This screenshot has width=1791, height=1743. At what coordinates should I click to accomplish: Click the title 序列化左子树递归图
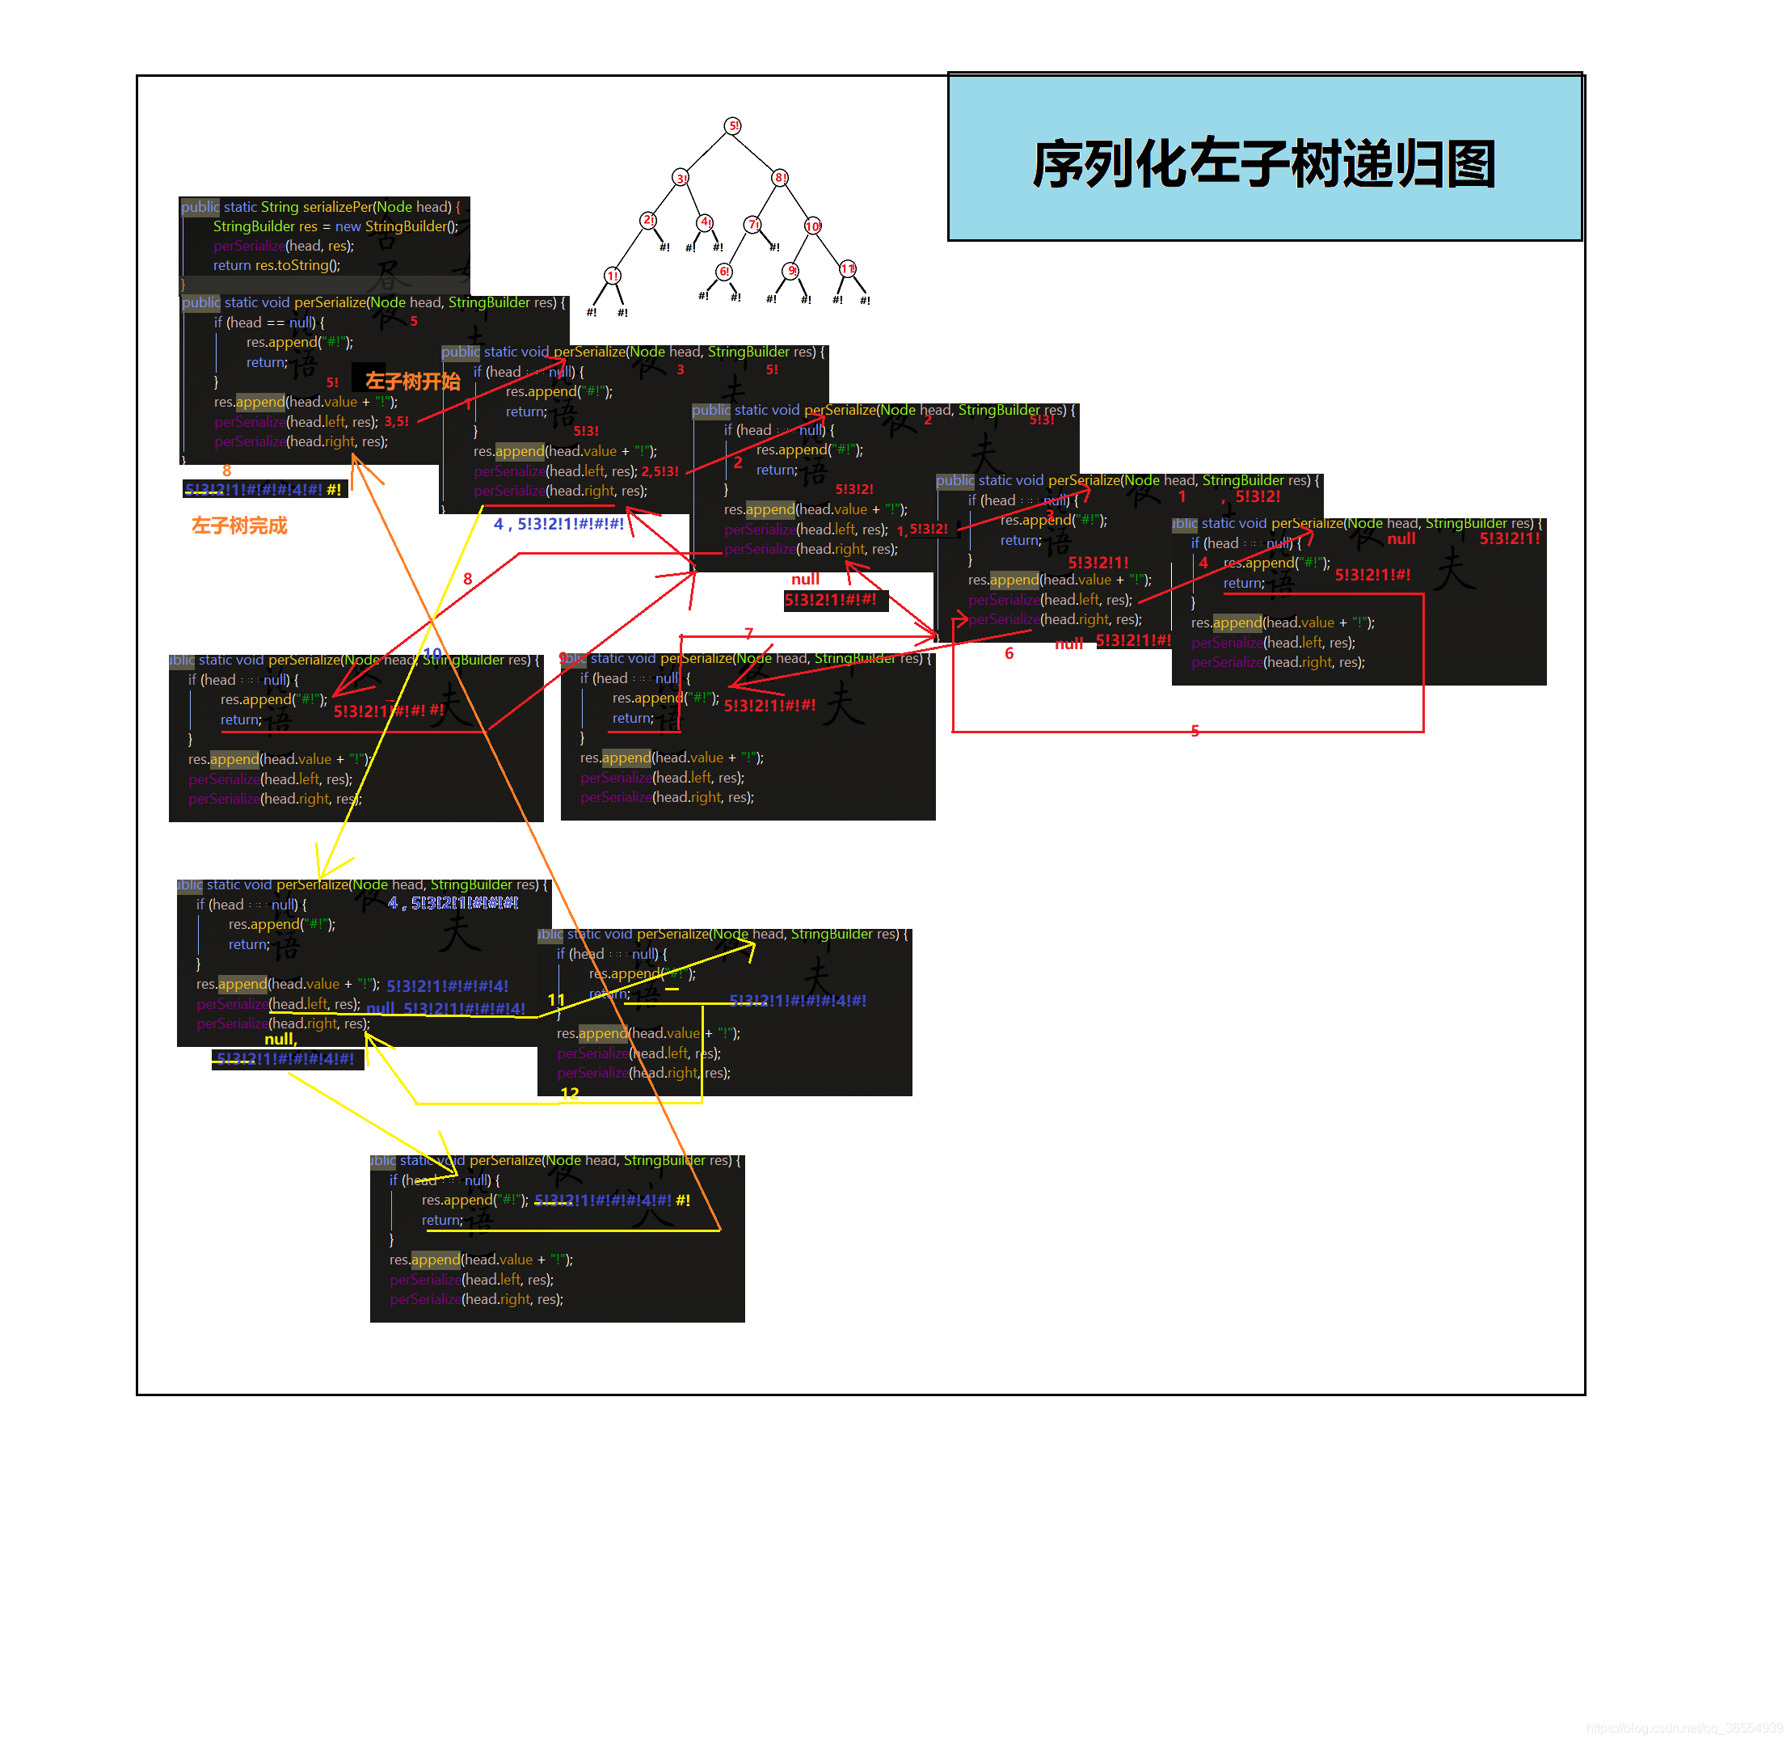coord(1263,165)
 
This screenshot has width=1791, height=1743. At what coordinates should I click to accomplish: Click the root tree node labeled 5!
coord(732,125)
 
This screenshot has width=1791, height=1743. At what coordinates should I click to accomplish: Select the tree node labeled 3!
coord(681,178)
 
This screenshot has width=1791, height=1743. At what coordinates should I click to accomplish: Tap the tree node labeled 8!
coord(780,178)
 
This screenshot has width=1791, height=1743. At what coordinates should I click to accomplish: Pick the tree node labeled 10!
coord(813,226)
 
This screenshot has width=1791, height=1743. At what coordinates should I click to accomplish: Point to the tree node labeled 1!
coord(613,276)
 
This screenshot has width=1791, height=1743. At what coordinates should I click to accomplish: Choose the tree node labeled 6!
coord(723,272)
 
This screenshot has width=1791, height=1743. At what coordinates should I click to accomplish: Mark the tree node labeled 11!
coord(848,269)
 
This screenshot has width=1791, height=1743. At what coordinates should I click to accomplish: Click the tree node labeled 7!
coord(752,224)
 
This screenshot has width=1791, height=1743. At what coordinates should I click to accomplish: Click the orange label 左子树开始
coord(412,381)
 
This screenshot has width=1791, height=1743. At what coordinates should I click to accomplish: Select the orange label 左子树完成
coord(239,525)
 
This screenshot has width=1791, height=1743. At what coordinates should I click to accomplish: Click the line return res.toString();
coord(276,265)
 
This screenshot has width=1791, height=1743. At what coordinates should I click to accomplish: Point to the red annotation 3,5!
coord(396,422)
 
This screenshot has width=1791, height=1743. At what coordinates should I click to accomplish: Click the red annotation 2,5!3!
coord(660,471)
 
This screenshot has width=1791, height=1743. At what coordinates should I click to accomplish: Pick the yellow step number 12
coord(569,1094)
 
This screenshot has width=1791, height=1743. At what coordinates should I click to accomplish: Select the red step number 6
coord(1009,653)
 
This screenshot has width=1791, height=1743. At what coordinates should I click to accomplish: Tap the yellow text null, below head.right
coord(280,1039)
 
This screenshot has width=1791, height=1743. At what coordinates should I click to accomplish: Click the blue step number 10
coord(432,652)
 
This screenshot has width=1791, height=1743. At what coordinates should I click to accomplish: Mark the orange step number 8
coord(226,471)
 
